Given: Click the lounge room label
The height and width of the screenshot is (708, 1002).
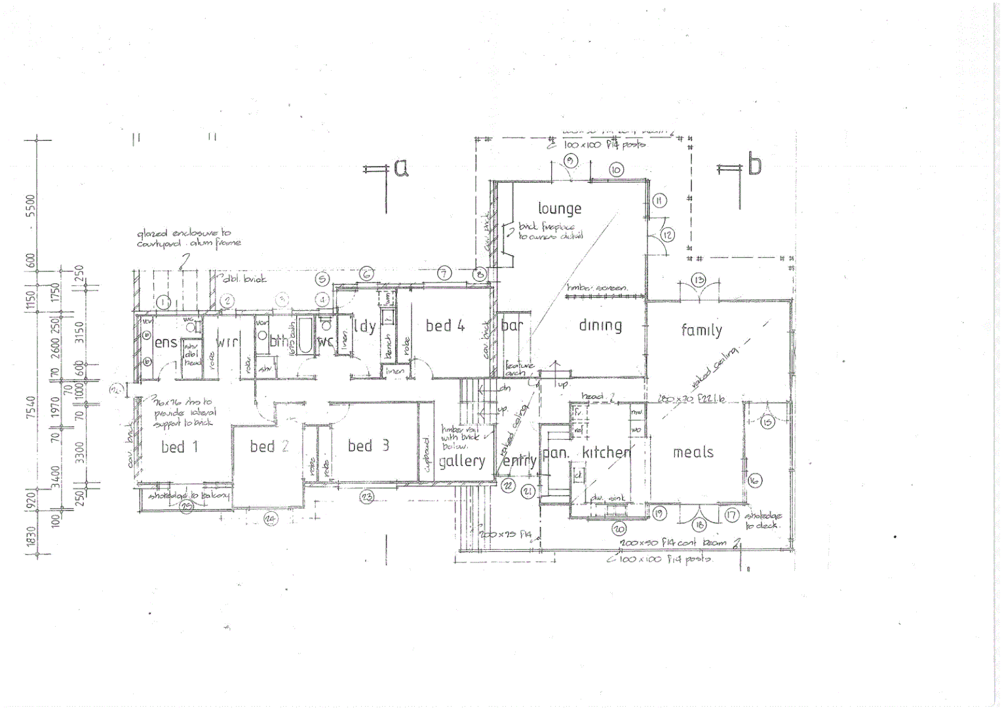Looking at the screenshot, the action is [560, 208].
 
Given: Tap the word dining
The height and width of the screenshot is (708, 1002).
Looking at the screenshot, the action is [600, 325].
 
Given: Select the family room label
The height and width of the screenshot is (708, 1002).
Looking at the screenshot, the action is [701, 330].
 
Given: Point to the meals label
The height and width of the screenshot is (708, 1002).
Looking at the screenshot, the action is [693, 452].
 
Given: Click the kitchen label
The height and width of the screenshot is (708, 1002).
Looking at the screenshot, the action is [606, 452].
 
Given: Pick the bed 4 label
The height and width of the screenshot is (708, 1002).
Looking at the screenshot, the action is [445, 325].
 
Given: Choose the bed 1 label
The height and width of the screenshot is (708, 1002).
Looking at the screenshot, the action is [179, 447].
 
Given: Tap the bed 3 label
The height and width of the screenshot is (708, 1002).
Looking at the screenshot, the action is [368, 446].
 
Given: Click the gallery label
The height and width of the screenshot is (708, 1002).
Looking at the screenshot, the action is [462, 462].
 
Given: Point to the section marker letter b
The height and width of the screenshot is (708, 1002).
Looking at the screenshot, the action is [754, 165].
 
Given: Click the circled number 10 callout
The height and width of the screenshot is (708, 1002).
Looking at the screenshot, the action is [616, 170].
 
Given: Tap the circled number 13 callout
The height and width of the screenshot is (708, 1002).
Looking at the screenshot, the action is [699, 281].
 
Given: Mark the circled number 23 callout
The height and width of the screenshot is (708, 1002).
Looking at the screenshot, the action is [366, 497].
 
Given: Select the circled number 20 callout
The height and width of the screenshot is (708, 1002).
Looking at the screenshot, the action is [619, 528].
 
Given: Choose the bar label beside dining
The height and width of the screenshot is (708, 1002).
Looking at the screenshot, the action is [511, 325].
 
